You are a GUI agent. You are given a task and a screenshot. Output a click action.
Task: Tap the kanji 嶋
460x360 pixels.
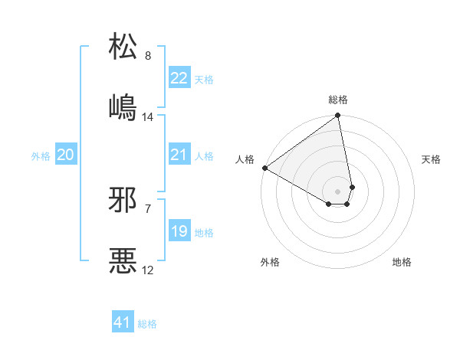[123, 107]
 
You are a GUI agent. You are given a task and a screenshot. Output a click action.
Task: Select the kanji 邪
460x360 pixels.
[123, 200]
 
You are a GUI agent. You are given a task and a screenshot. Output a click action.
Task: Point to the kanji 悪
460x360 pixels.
[123, 261]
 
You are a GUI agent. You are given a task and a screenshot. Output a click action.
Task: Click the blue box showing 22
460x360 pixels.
[179, 78]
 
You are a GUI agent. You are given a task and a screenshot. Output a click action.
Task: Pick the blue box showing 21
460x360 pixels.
[179, 155]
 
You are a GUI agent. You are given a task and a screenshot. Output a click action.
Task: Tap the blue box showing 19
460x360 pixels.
[179, 231]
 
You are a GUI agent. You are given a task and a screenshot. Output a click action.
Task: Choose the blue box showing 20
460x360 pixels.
[65, 155]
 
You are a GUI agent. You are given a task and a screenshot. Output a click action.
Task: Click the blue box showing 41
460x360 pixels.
[123, 322]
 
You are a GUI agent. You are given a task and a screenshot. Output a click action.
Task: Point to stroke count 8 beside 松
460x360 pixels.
[148, 56]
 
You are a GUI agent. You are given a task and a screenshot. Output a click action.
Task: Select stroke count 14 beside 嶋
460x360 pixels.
[148, 117]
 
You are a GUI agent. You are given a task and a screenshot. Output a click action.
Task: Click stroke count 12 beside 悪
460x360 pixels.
[148, 270]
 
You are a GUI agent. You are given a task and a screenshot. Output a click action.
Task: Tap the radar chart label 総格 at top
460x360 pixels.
[338, 100]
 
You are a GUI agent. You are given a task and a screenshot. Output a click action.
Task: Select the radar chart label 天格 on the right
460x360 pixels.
[431, 159]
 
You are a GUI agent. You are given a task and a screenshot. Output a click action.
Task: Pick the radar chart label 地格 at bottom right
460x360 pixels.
[402, 262]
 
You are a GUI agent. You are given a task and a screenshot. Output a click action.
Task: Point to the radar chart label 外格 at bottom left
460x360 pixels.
[270, 262]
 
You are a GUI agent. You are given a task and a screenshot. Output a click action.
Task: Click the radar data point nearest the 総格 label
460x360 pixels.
[337, 116]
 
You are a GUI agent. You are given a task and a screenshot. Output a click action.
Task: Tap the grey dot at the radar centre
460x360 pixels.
[337, 191]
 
